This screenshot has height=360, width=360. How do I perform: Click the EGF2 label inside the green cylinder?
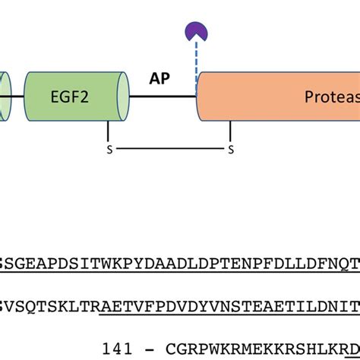tap(70, 97)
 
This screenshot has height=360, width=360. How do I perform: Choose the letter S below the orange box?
tap(231, 150)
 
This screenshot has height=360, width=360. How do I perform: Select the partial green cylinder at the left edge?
tap(4, 96)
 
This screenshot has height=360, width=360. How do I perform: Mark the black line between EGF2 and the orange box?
tap(163, 96)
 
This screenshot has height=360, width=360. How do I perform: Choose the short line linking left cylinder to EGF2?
tap(17, 96)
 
